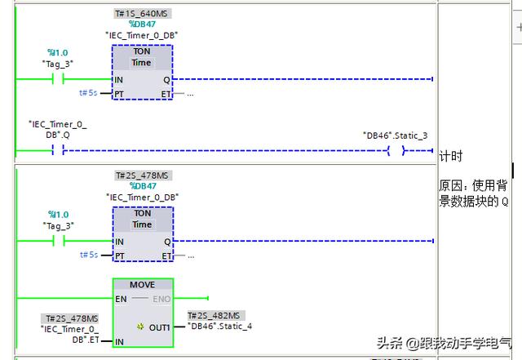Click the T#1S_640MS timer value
(142, 14)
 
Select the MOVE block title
(142, 285)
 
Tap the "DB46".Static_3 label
(395, 136)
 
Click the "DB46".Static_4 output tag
(219, 327)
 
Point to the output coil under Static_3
(396, 150)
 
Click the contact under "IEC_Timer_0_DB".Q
(57, 150)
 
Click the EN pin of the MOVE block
(120, 299)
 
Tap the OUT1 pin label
(159, 327)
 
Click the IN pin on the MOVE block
(119, 341)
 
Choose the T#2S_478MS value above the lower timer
(142, 176)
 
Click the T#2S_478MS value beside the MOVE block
(71, 318)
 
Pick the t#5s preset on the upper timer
(88, 93)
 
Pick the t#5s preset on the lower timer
(88, 255)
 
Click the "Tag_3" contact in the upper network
(58, 79)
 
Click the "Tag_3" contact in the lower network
(58, 241)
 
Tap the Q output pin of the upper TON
(167, 79)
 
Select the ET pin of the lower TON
(166, 256)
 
